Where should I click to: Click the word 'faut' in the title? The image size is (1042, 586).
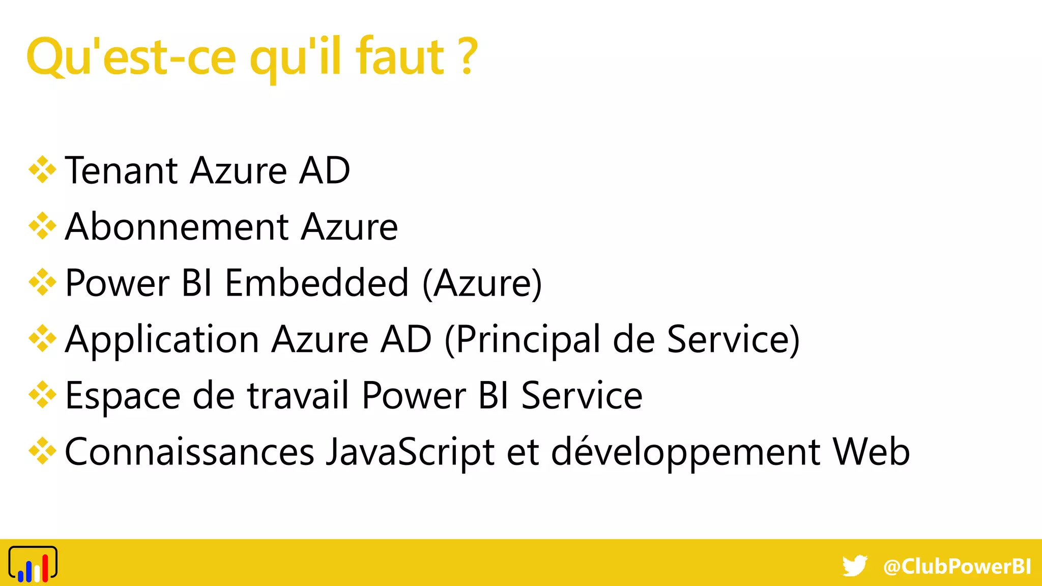(x=400, y=57)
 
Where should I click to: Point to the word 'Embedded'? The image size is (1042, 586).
(x=316, y=283)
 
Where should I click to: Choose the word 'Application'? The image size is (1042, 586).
(x=162, y=340)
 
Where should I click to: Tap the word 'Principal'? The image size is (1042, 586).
(x=527, y=340)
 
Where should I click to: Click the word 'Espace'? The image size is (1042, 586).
(x=123, y=396)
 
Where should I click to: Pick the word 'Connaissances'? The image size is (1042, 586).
(x=189, y=452)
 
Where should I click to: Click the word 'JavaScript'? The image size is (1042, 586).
(x=410, y=452)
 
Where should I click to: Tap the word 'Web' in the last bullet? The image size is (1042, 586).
(x=871, y=452)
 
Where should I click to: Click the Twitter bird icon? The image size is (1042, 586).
(x=855, y=566)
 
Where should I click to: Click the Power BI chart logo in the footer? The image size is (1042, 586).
(x=33, y=564)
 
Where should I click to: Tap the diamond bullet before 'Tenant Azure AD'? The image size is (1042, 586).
(x=42, y=170)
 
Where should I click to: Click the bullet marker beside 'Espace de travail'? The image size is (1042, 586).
(x=42, y=395)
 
